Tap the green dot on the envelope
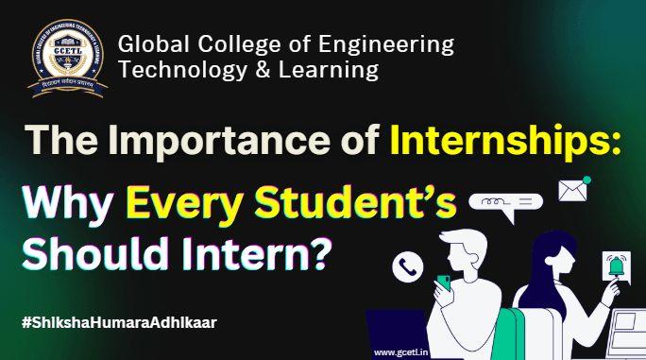[586, 179]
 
